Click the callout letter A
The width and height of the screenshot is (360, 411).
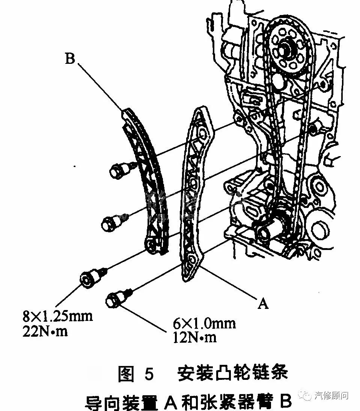click(264, 303)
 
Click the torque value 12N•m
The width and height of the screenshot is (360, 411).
click(195, 337)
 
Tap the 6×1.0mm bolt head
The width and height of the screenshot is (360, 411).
click(114, 300)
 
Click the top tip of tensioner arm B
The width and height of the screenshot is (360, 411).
click(127, 111)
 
